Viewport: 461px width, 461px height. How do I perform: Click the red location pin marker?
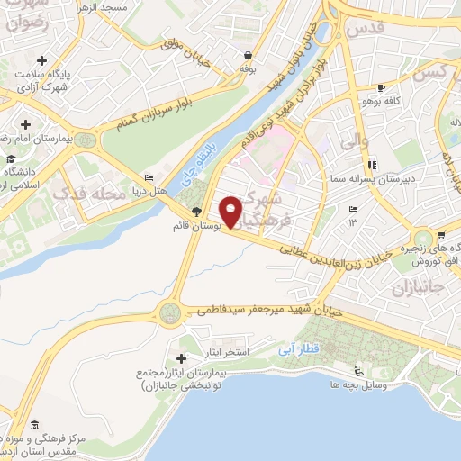(231, 211)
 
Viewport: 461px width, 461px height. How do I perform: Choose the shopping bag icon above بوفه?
(247, 55)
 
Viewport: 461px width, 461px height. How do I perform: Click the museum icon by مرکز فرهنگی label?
(34, 425)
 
